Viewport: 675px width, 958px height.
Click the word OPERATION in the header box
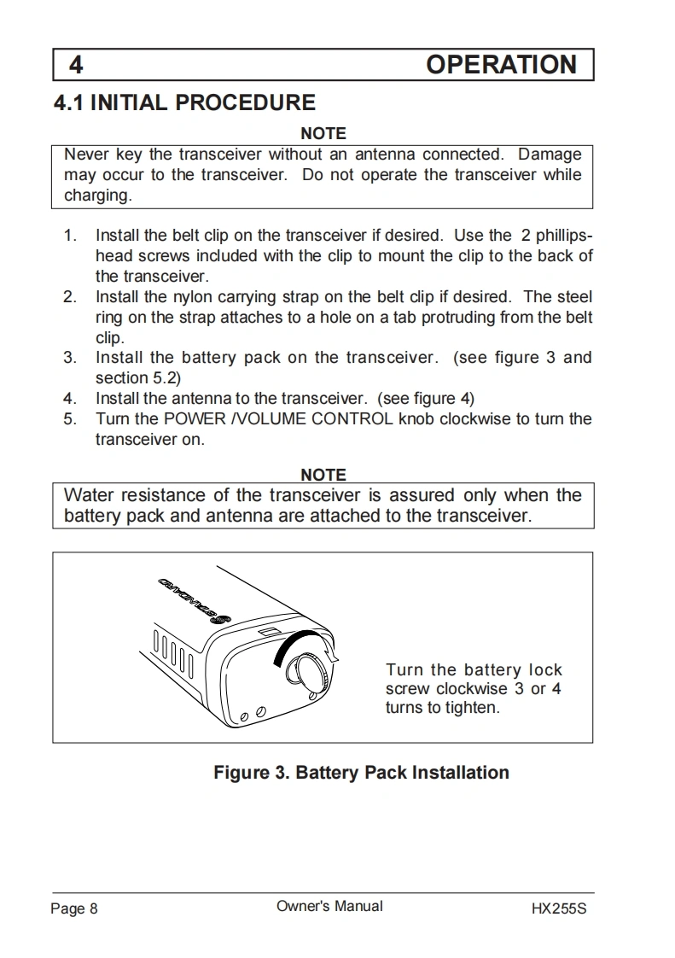(x=501, y=65)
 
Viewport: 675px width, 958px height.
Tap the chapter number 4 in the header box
(x=76, y=66)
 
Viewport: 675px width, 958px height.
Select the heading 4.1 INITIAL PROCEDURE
(x=184, y=103)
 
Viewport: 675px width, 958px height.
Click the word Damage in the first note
(x=550, y=155)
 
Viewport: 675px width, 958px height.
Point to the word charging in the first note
(x=96, y=196)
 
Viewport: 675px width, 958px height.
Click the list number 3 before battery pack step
(x=70, y=358)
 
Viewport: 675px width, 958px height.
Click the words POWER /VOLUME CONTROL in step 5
(x=279, y=419)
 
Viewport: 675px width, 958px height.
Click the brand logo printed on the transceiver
(x=195, y=601)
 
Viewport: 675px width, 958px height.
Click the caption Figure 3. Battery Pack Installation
(x=361, y=773)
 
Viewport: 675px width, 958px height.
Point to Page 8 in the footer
(x=74, y=908)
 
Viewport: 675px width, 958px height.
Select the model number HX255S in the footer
(x=559, y=908)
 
